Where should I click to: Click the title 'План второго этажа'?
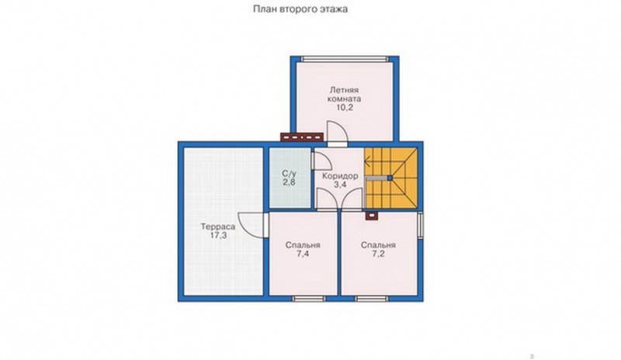300,9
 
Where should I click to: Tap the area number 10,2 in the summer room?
344,107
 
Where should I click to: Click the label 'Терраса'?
218,227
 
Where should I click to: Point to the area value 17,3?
218,236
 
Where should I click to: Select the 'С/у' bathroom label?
289,174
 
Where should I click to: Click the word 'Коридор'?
340,176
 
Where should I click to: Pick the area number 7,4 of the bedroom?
303,254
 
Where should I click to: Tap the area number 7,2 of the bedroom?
378,254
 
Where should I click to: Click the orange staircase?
391,178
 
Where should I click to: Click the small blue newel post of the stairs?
390,178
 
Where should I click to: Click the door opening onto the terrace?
251,224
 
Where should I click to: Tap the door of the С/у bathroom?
321,161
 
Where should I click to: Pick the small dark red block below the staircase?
372,215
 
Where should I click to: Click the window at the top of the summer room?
345,59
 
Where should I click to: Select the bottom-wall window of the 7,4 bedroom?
309,299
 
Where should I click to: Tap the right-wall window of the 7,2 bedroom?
420,226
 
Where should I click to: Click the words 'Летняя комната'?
344,94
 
